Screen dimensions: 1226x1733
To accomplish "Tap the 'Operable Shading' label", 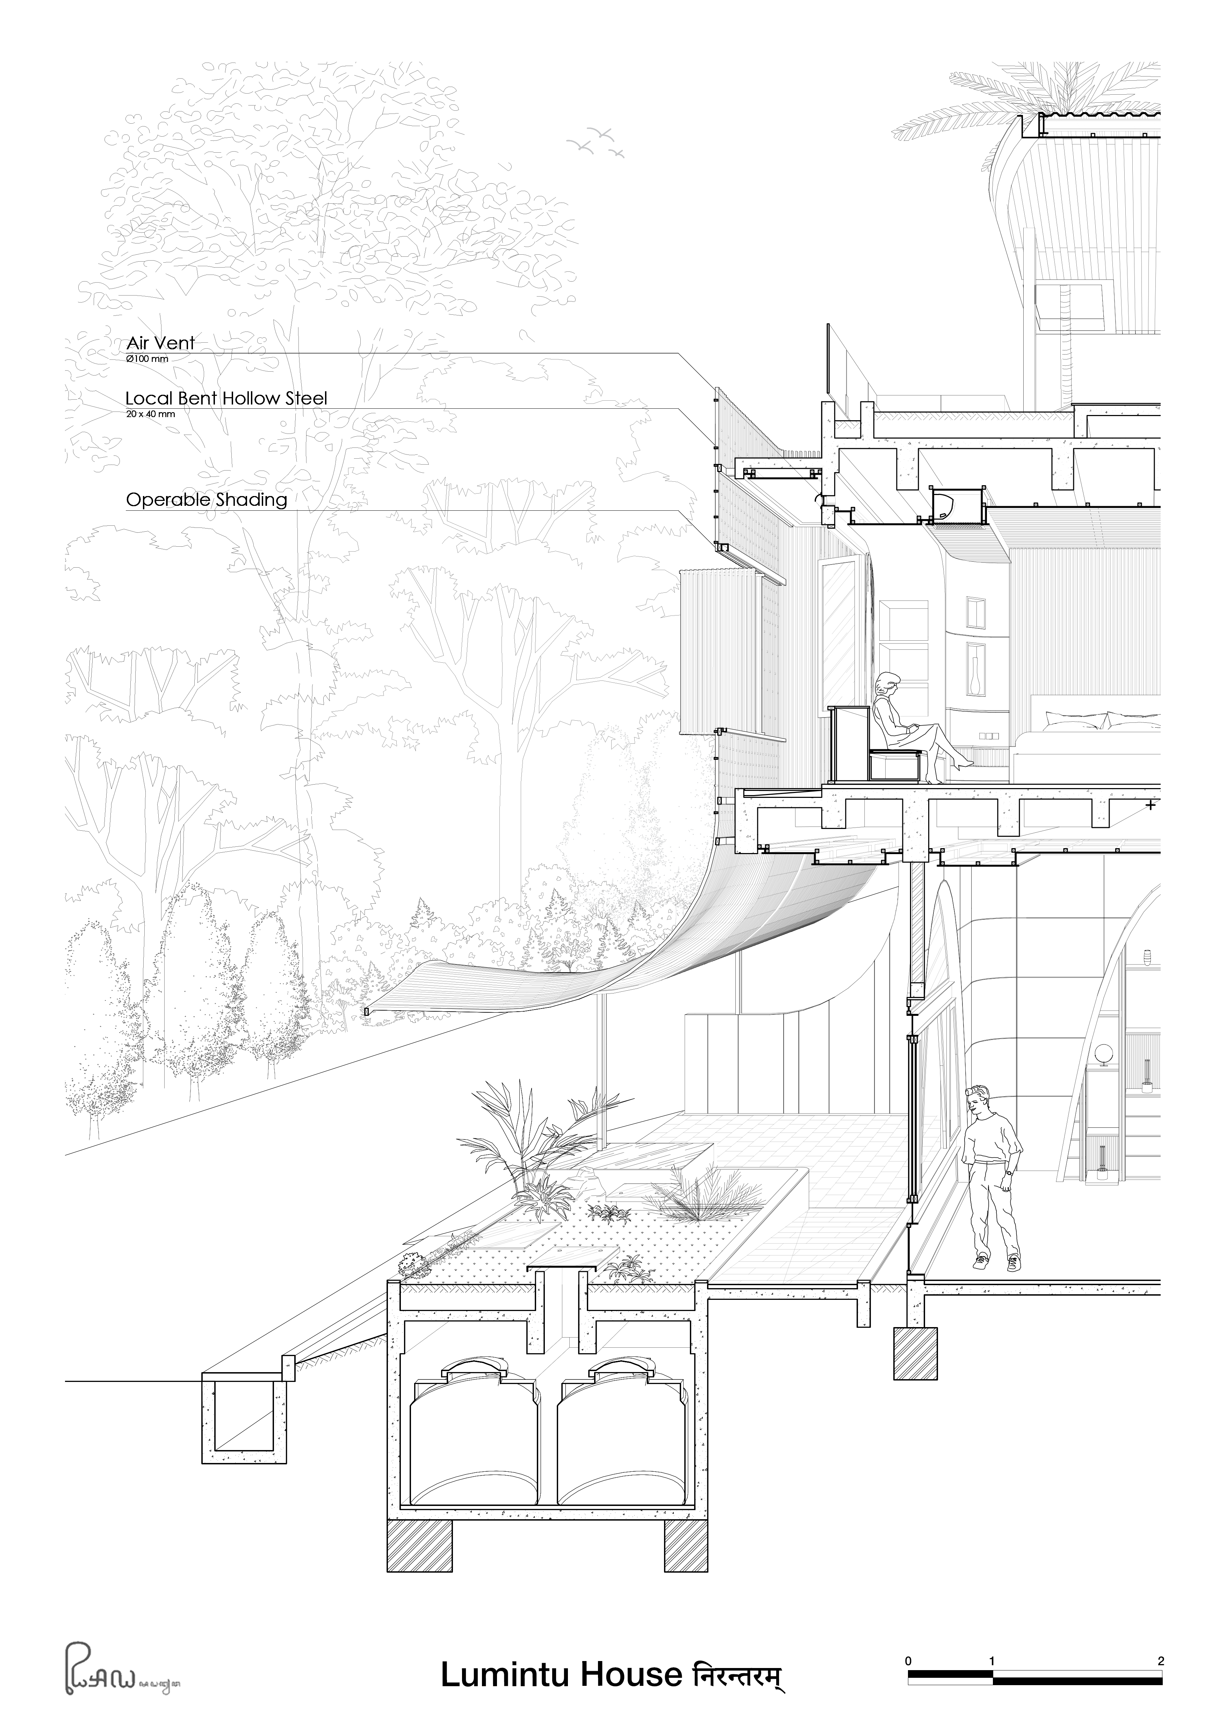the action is point(206,500).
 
